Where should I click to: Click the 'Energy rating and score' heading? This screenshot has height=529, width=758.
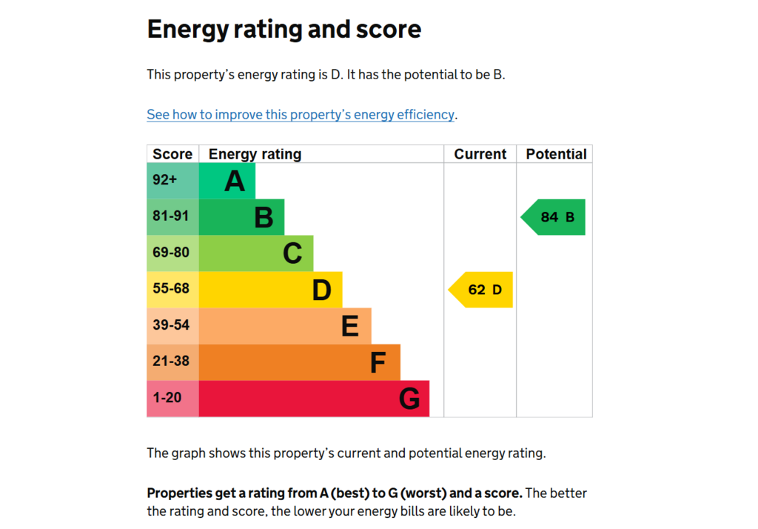click(284, 30)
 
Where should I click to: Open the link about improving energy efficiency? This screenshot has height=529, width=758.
click(301, 115)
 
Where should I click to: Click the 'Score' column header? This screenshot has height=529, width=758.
click(172, 154)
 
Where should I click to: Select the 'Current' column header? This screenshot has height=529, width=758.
click(480, 154)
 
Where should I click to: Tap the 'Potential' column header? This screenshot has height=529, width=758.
click(556, 154)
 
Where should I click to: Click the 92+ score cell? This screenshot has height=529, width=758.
click(165, 180)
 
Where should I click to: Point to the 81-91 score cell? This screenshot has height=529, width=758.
click(171, 216)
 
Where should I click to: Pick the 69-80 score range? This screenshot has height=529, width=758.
click(171, 253)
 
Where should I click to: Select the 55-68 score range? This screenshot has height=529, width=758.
click(171, 289)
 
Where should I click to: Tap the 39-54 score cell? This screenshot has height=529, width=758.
click(171, 325)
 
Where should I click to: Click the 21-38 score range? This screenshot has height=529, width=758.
click(171, 362)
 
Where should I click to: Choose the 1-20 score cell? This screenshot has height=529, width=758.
click(167, 398)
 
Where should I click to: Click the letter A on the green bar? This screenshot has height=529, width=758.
click(235, 181)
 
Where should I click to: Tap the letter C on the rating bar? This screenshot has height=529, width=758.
click(292, 253)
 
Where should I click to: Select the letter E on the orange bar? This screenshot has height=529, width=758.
click(350, 326)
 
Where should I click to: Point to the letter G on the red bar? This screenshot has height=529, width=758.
click(409, 399)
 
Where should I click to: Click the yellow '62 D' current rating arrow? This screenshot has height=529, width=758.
click(482, 290)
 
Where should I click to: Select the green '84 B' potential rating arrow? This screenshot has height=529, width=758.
click(555, 217)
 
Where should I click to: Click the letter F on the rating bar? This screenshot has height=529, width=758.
click(378, 363)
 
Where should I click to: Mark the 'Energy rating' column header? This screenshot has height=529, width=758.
click(255, 154)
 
